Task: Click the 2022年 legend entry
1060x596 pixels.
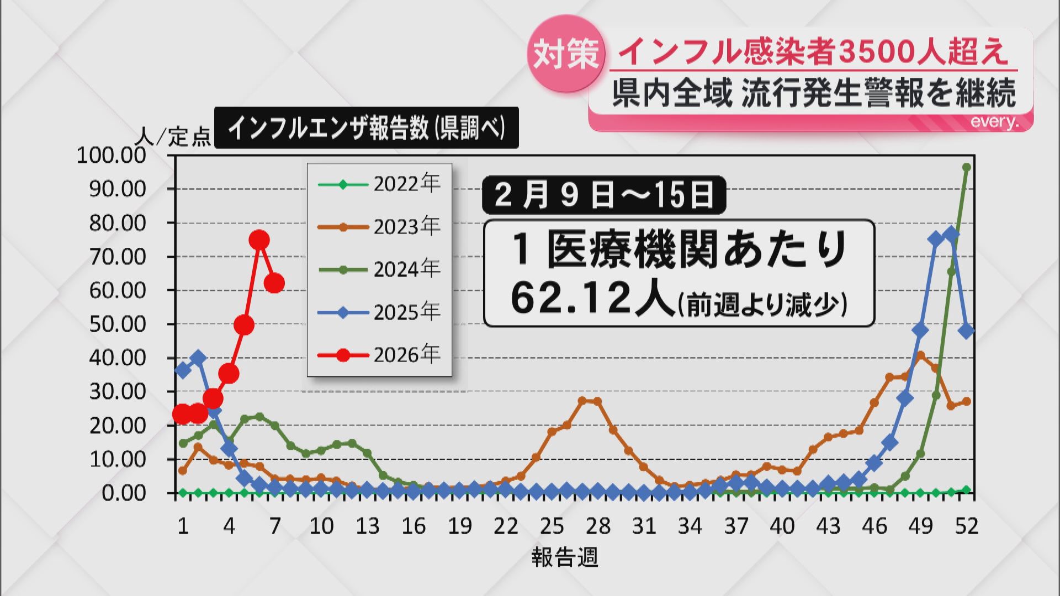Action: (x=380, y=184)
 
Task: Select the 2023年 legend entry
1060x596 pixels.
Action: (x=380, y=226)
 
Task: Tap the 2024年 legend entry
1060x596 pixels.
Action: (x=380, y=269)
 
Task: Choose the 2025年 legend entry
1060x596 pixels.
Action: (x=380, y=312)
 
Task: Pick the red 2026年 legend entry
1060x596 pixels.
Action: (x=380, y=354)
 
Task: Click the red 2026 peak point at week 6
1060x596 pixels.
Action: (x=259, y=240)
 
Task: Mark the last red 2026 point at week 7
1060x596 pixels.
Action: (x=274, y=283)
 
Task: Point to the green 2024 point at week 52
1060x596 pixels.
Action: (x=966, y=167)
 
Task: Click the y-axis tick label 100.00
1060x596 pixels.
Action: (x=112, y=156)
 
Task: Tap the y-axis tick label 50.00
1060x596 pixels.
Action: (x=118, y=324)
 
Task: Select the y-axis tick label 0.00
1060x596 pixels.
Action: (x=124, y=493)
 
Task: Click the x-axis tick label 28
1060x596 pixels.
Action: (x=598, y=526)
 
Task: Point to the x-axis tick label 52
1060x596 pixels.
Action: (x=966, y=526)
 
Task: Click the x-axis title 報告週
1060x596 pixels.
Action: (x=565, y=557)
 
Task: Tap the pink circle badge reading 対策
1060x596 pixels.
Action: (x=566, y=54)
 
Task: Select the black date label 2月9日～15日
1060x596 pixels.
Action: (x=603, y=195)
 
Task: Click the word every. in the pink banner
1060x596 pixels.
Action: (x=994, y=122)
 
